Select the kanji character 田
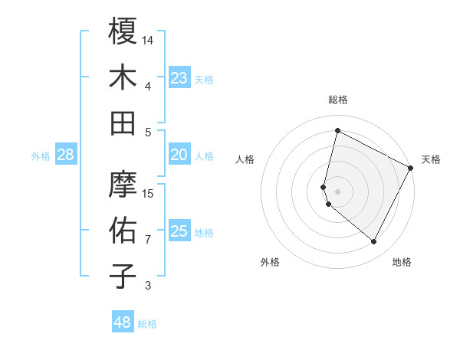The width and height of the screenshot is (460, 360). (123, 123)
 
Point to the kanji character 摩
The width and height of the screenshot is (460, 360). (123, 184)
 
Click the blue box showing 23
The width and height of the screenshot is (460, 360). (179, 77)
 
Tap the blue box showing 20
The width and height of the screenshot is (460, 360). (179, 155)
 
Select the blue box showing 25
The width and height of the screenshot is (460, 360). (179, 231)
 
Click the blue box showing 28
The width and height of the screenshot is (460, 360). (65, 155)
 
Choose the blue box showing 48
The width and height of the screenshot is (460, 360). (123, 322)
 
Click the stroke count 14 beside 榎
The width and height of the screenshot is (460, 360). (149, 40)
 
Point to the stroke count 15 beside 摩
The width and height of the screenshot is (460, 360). (149, 194)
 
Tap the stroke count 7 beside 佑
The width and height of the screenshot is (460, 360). (148, 240)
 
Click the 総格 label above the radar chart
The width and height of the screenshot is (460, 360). (337, 100)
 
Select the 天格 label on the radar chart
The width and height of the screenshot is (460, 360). (431, 159)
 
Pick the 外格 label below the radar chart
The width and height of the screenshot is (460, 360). (270, 262)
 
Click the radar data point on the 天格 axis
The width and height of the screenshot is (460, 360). (411, 169)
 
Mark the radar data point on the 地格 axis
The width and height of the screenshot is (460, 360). (374, 242)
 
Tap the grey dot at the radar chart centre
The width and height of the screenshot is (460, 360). (337, 191)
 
